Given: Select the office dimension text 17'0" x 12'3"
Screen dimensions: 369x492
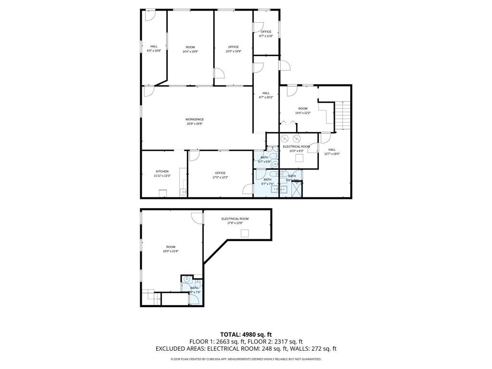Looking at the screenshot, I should click(220, 177).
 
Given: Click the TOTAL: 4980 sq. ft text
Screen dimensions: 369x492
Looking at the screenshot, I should click(246, 334).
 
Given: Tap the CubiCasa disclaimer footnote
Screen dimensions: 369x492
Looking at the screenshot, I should click(246, 359).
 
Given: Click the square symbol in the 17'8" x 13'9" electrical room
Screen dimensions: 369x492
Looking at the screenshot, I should click(245, 234).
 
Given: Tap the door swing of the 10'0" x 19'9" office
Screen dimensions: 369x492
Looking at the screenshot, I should click(219, 74).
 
